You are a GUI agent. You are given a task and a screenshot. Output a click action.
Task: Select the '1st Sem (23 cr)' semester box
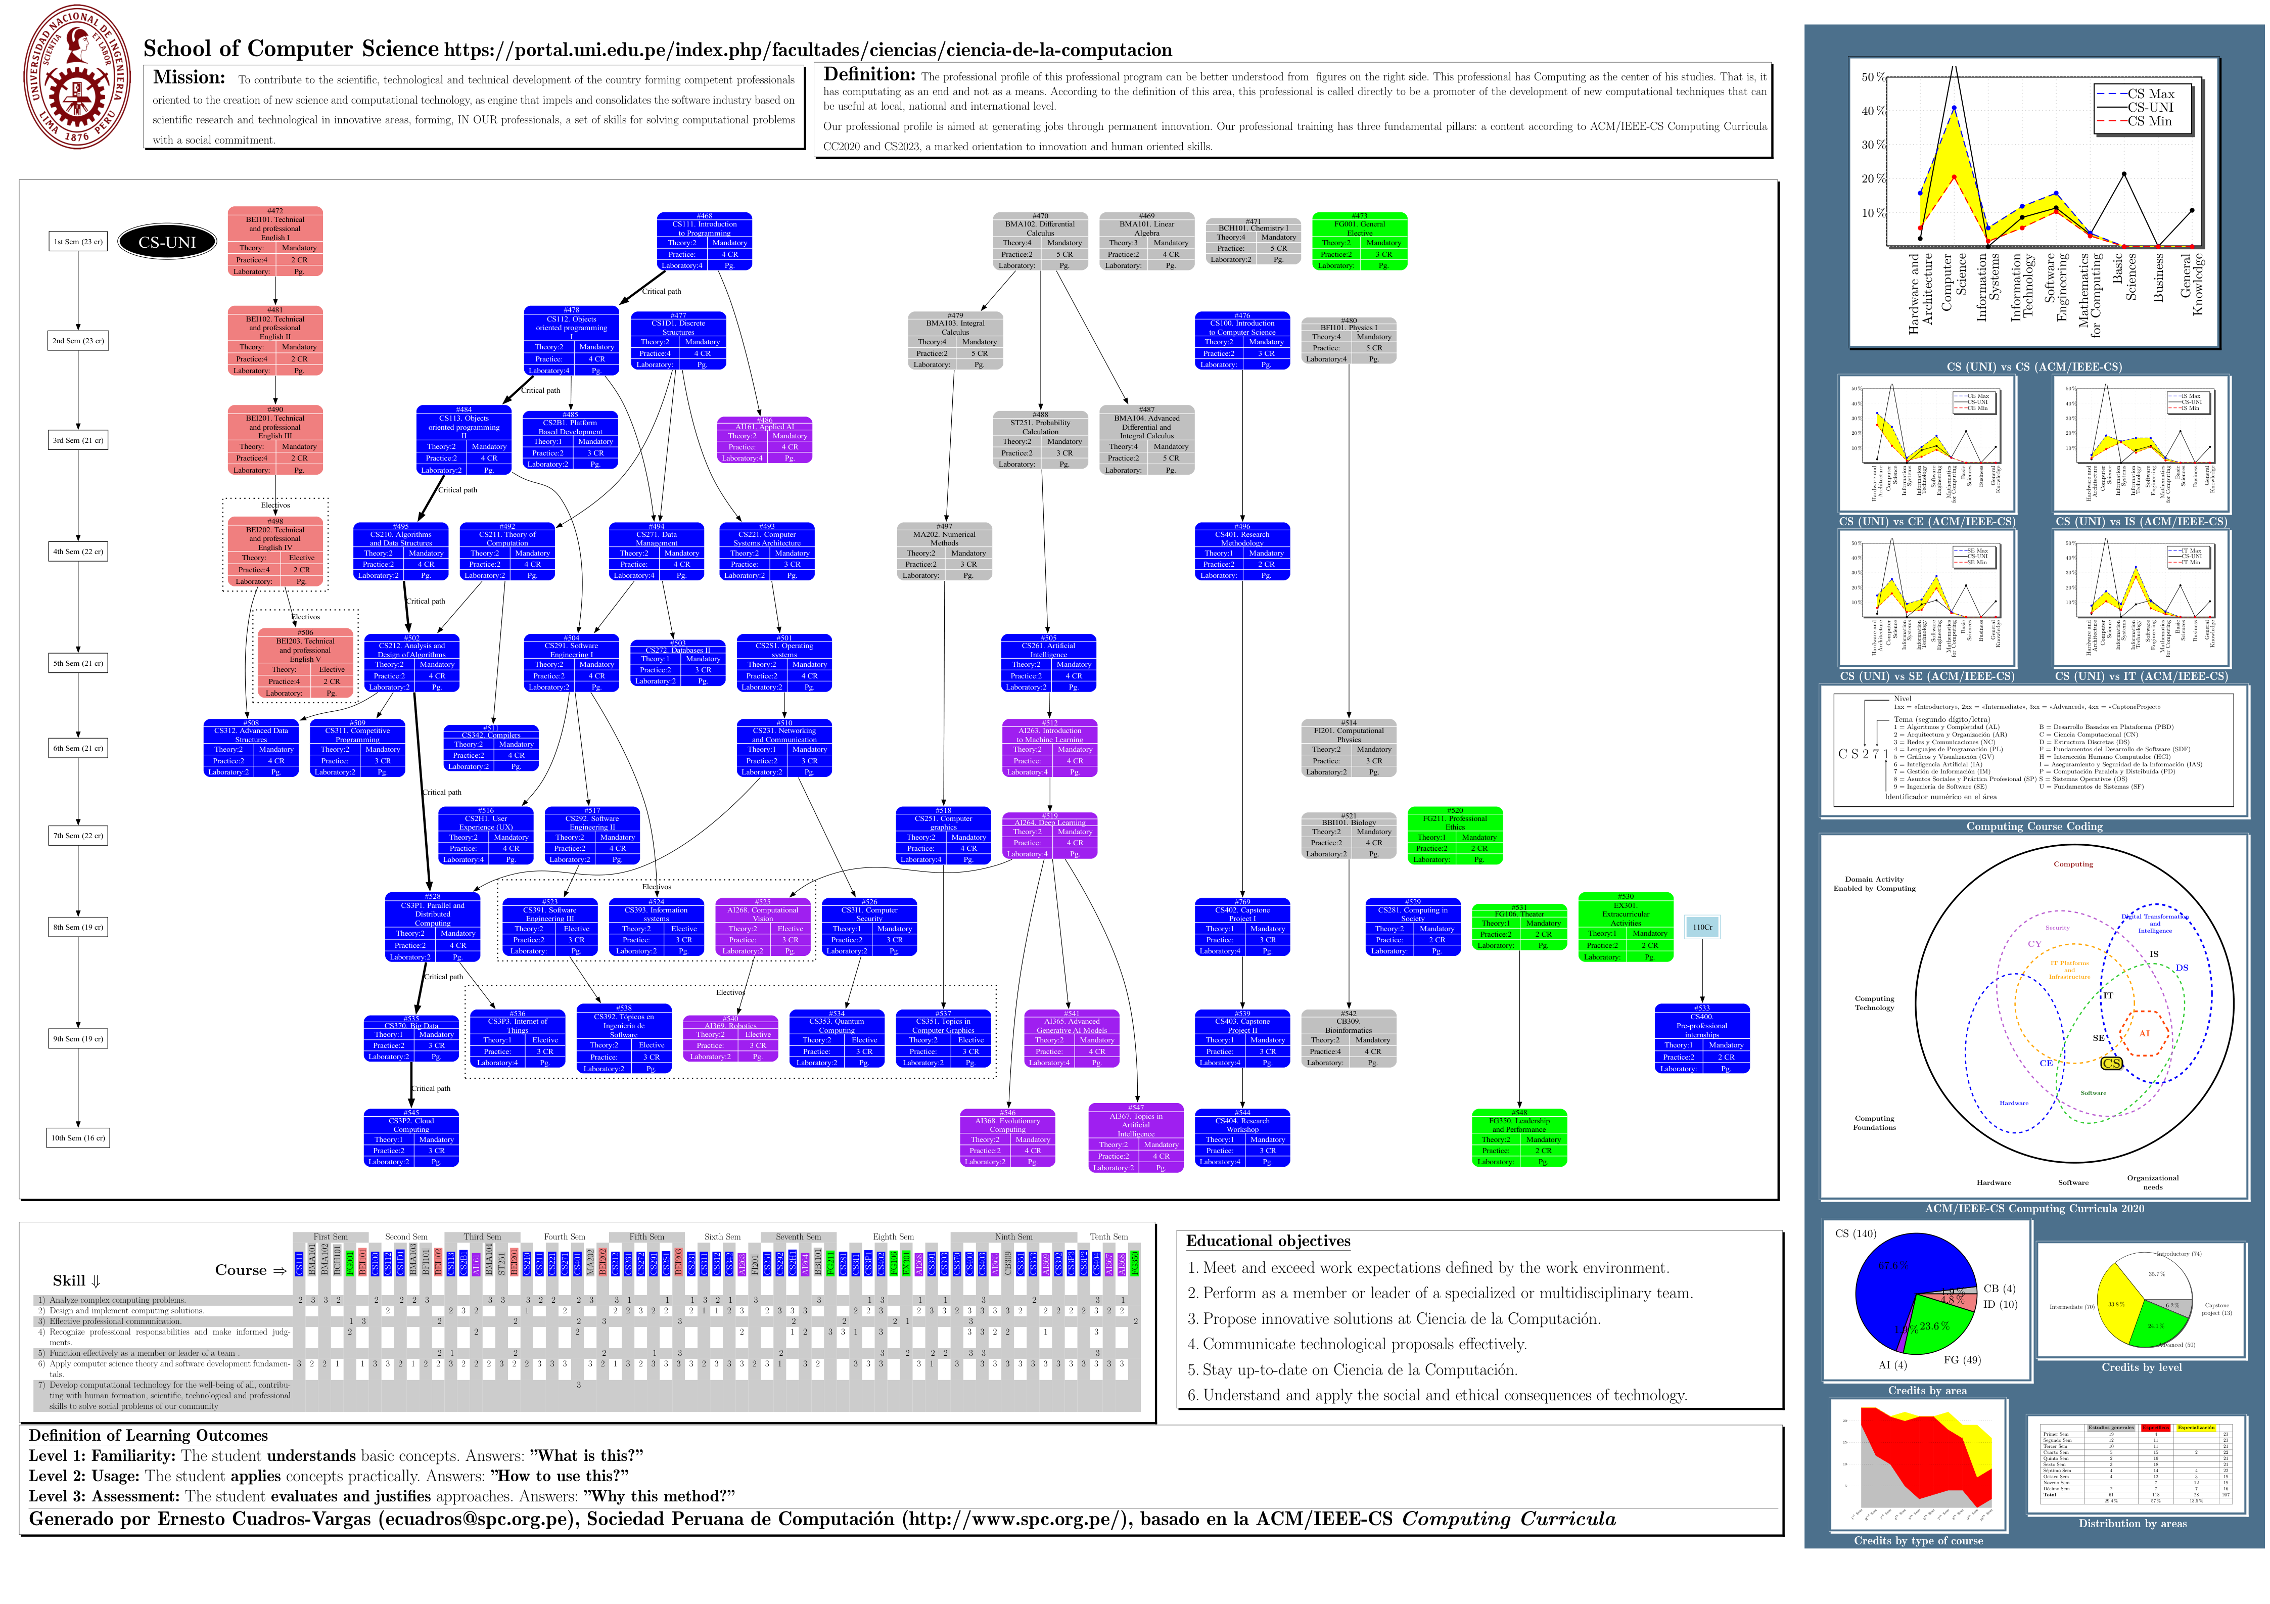(78, 241)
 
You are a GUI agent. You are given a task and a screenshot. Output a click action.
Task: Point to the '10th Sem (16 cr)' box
(78, 1138)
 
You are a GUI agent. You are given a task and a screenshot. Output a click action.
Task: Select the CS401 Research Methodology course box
(1242, 551)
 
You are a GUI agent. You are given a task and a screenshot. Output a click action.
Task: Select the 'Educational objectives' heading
(1269, 1241)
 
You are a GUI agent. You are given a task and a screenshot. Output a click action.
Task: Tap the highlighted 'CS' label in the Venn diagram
(2111, 1063)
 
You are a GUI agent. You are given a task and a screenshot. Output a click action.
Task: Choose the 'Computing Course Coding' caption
(2034, 827)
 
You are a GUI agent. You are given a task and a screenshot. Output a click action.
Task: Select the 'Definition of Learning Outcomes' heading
(148, 1436)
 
